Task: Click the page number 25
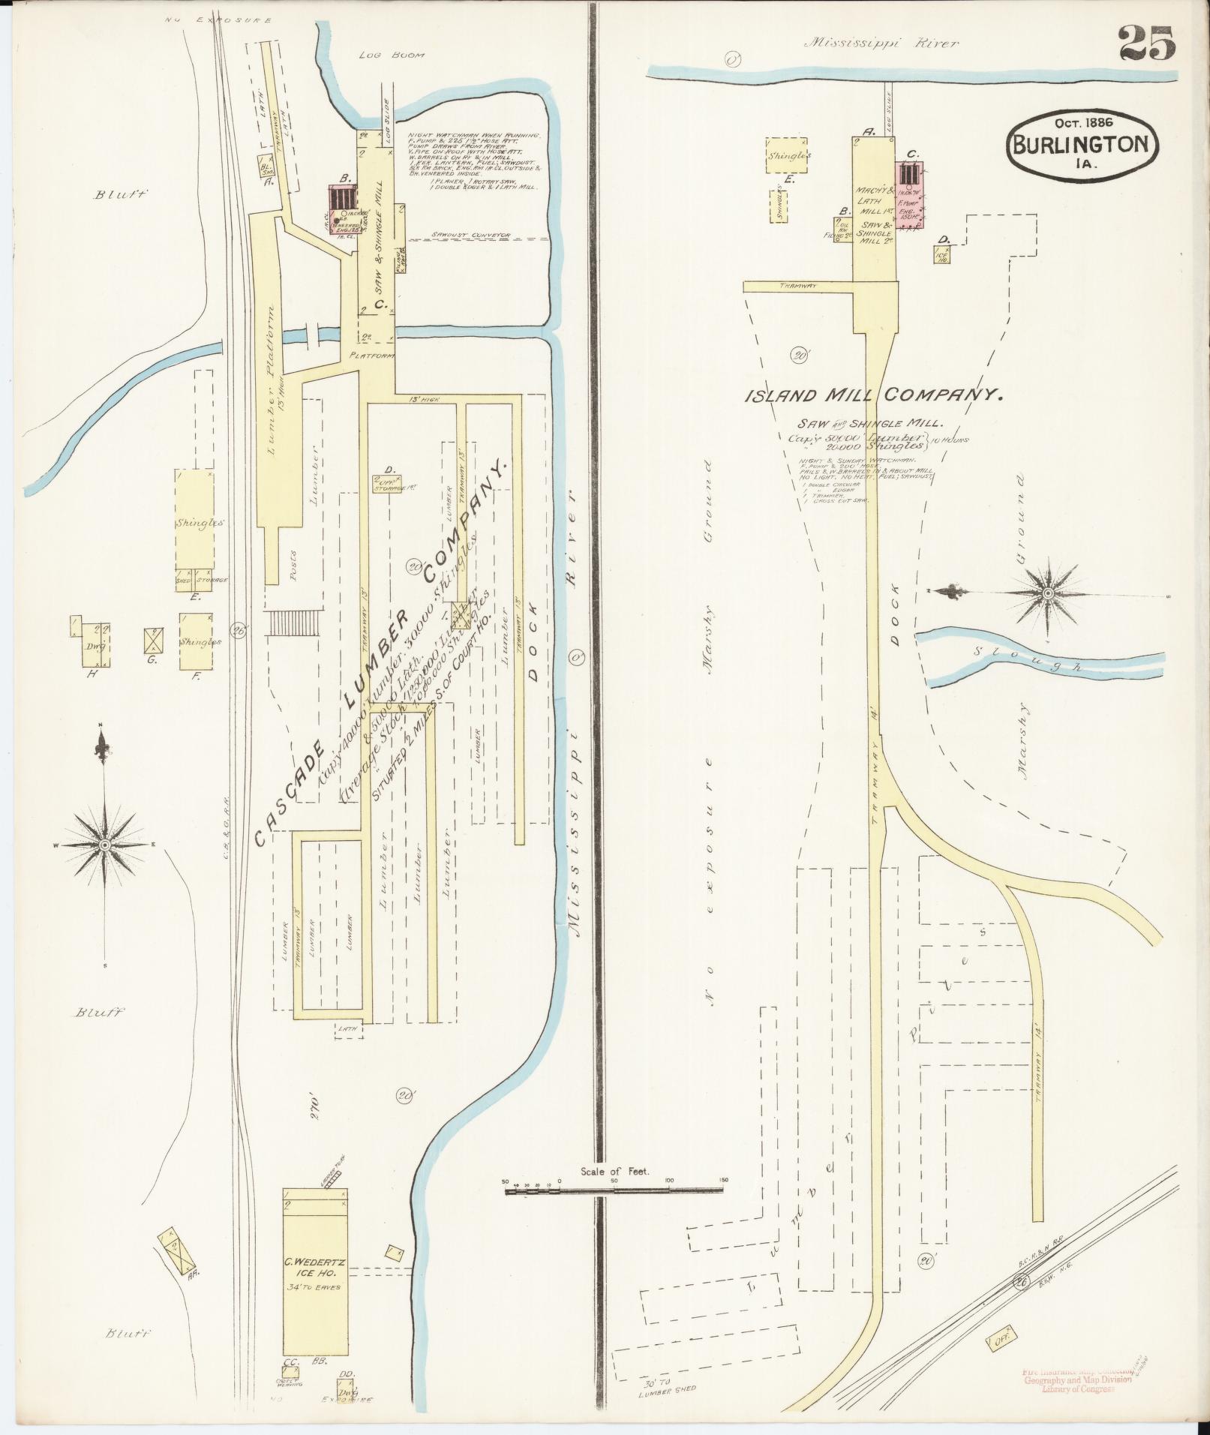coord(1147,43)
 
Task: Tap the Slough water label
coord(1028,658)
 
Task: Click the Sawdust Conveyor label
coord(470,235)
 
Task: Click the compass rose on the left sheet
coord(104,845)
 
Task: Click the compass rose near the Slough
coord(1046,593)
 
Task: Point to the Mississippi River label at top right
coord(881,44)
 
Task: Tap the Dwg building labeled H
coord(95,644)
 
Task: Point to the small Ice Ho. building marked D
coord(942,254)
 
